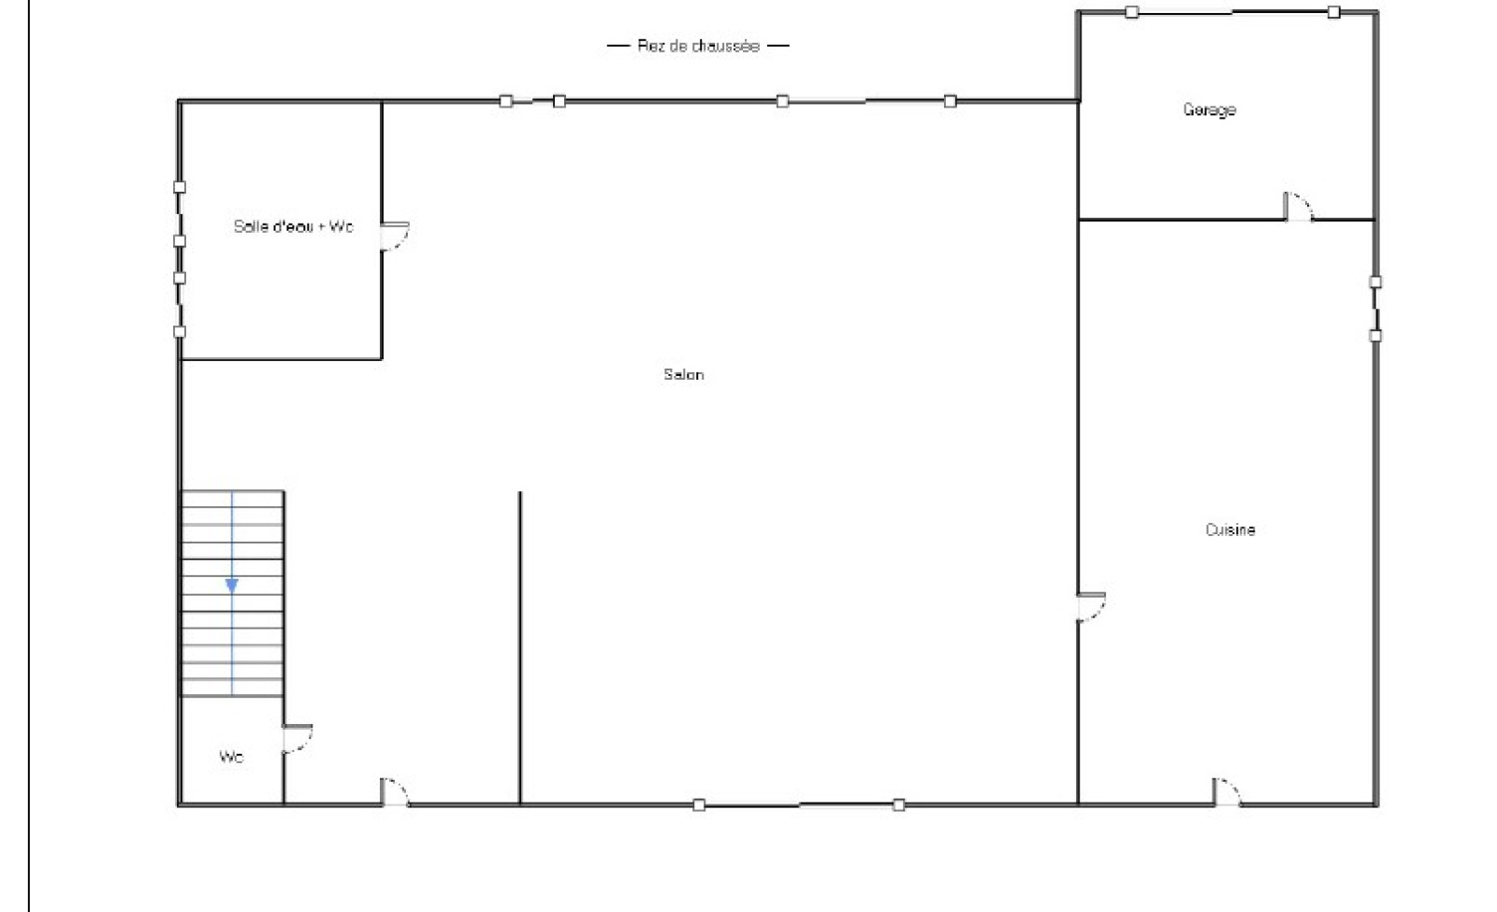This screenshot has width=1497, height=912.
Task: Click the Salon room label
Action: pos(684,374)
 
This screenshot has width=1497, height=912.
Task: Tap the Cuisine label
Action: pos(1230,529)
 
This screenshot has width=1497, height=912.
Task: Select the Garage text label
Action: pos(1209,109)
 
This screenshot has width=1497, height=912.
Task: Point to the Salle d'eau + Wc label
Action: pos(294,226)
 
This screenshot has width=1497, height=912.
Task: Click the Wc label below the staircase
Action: pos(231,757)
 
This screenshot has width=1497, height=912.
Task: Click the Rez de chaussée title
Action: pos(698,46)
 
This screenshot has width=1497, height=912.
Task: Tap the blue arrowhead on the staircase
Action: pos(232,586)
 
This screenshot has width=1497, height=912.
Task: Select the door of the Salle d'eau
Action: pos(395,236)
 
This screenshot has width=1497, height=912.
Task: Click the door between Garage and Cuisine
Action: pos(1298,207)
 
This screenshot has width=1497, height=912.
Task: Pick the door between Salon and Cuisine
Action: pos(1091,607)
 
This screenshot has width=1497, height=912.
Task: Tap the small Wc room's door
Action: pos(298,738)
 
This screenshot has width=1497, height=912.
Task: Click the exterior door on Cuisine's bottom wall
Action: pos(1227,791)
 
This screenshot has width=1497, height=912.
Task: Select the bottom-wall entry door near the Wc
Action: pos(394,791)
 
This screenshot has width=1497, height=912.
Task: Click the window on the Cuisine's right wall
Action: pos(1374,309)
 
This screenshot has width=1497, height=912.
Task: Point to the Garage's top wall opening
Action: pos(1232,12)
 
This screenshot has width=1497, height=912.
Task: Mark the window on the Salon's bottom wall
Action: pos(799,805)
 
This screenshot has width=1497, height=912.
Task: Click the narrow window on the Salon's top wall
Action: pos(532,102)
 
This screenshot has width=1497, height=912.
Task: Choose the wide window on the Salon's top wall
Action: pos(866,102)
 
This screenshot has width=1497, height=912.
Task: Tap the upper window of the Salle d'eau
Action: pos(179,214)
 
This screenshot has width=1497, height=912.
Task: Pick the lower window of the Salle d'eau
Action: pos(179,305)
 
